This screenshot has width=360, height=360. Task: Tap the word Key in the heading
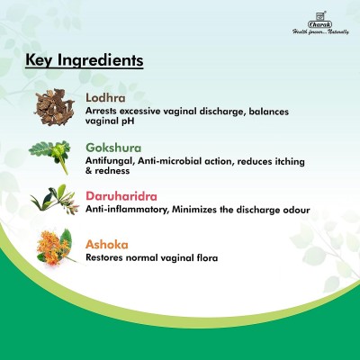pyautogui.click(x=40, y=60)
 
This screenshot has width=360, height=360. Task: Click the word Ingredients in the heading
pyautogui.click(x=101, y=60)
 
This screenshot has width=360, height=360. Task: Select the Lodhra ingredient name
pyautogui.click(x=105, y=98)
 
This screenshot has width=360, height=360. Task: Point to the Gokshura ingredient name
pyautogui.click(x=113, y=148)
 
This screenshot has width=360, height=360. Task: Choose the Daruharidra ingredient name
pyautogui.click(x=121, y=196)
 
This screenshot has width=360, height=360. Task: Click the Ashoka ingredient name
pyautogui.click(x=107, y=245)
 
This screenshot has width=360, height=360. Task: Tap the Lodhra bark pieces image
pyautogui.click(x=54, y=107)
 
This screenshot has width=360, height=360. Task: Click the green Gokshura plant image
pyautogui.click(x=51, y=156)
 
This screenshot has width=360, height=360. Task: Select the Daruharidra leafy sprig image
pyautogui.click(x=54, y=200)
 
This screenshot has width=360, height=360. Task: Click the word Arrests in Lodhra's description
pyautogui.click(x=102, y=111)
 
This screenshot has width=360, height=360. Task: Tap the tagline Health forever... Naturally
pyautogui.click(x=320, y=31)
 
